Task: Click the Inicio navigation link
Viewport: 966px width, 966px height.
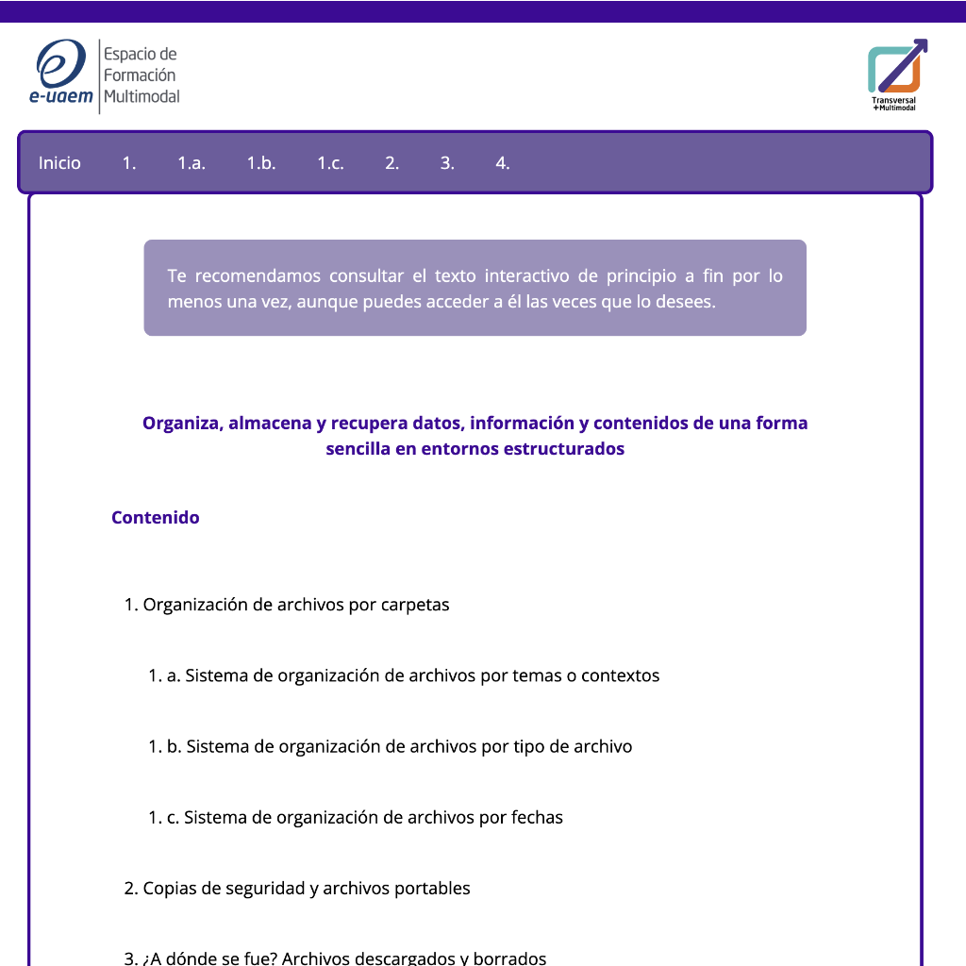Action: point(59,163)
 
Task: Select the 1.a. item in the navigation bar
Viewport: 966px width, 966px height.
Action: point(192,163)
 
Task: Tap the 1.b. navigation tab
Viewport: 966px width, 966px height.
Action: point(261,163)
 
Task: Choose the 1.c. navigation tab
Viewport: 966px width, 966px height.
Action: point(330,163)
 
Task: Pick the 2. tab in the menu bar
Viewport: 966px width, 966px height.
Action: point(392,163)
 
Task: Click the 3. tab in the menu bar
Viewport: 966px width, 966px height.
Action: point(447,163)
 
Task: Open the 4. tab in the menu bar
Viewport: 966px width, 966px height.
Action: point(503,163)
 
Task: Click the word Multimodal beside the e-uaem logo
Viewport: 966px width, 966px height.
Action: point(142,96)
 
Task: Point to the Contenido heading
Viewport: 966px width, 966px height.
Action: point(156,518)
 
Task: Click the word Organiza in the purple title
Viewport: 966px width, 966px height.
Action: point(181,424)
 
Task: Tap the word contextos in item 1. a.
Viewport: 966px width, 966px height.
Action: point(620,675)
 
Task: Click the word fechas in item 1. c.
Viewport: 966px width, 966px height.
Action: point(537,817)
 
